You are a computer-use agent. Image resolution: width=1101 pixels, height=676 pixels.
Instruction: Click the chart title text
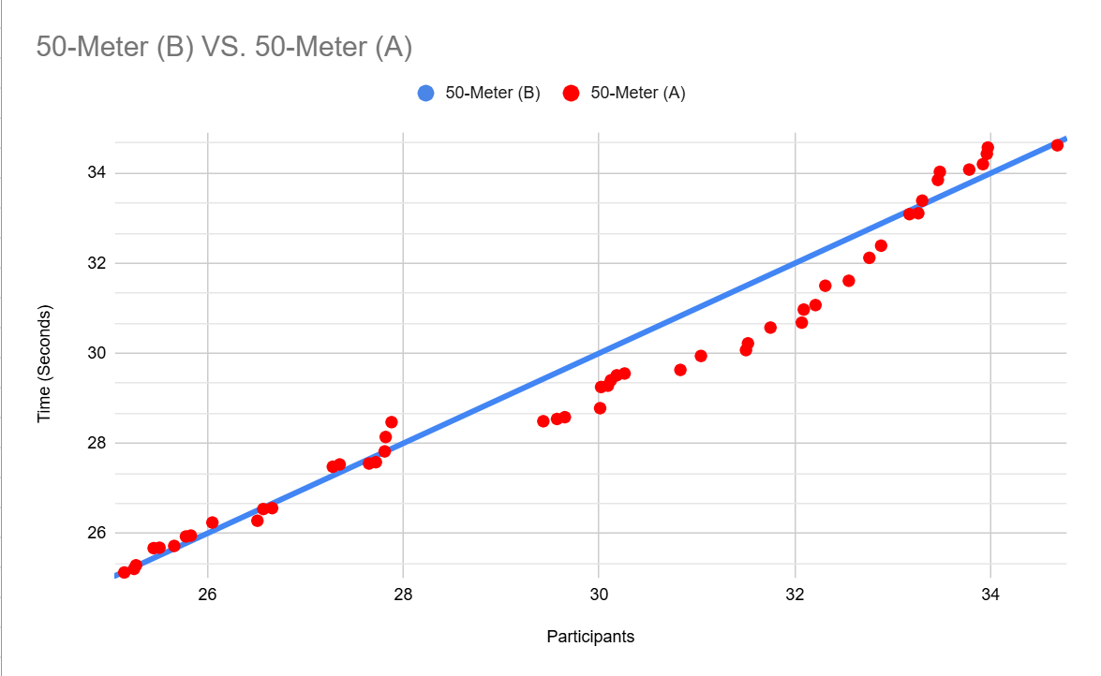click(224, 47)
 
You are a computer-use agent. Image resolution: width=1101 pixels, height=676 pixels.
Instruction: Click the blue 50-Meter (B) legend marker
click(425, 94)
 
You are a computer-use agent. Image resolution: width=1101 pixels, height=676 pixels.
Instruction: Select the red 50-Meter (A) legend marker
click(571, 94)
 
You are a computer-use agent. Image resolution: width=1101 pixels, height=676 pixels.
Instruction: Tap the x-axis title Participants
click(590, 637)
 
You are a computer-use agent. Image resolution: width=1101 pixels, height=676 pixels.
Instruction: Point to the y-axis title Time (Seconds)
click(44, 363)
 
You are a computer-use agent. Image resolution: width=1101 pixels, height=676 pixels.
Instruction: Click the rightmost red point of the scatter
click(1057, 145)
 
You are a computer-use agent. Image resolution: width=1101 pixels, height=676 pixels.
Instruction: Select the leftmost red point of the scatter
click(124, 572)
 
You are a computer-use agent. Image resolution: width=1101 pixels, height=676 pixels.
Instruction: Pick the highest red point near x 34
click(988, 148)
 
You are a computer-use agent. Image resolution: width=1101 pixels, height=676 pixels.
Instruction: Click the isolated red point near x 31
click(701, 356)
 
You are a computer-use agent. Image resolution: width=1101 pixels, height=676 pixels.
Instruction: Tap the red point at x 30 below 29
click(600, 408)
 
